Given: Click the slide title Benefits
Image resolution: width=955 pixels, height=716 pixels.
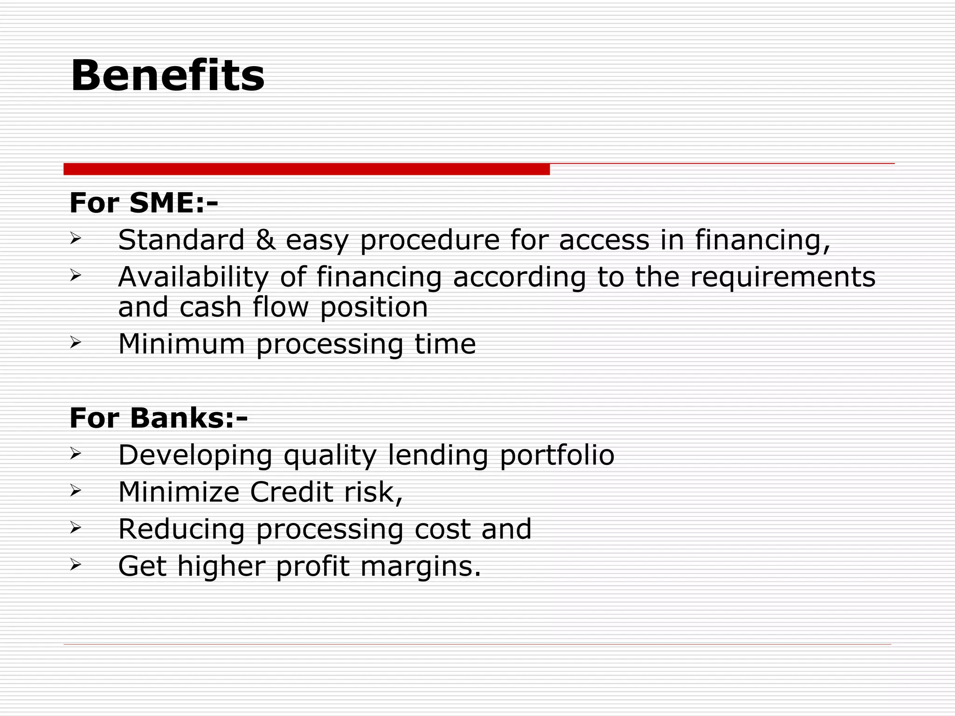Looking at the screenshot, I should pyautogui.click(x=167, y=76).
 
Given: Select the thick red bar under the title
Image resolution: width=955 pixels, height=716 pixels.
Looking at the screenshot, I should pyautogui.click(x=306, y=169).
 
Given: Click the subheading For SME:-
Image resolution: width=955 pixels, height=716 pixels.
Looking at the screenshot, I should pyautogui.click(x=144, y=203).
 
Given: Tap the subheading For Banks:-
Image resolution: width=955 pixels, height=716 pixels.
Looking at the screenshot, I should pyautogui.click(x=159, y=418).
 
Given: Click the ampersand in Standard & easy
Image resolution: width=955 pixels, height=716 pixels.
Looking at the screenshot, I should pyautogui.click(x=265, y=240).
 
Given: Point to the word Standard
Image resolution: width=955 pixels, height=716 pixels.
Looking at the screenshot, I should pyautogui.click(x=181, y=240).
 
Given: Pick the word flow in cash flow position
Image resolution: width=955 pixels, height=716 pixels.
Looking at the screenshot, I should pyautogui.click(x=281, y=308).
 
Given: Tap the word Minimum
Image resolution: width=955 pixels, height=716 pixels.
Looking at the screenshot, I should pyautogui.click(x=181, y=344).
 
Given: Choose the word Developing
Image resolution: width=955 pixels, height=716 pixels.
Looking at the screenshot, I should pyautogui.click(x=195, y=456).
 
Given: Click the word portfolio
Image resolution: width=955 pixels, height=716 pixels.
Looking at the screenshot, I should pyautogui.click(x=557, y=456).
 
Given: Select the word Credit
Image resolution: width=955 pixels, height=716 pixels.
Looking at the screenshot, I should pyautogui.click(x=291, y=492).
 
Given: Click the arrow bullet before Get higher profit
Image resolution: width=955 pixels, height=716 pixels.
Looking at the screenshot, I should pyautogui.click(x=76, y=565).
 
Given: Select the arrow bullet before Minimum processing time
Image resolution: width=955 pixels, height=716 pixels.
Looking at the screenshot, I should pyautogui.click(x=76, y=343).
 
